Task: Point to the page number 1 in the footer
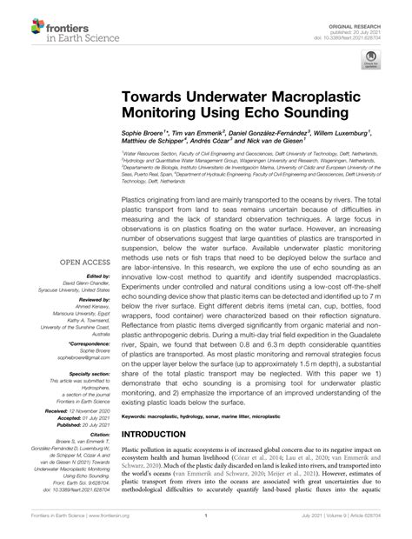206,529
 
